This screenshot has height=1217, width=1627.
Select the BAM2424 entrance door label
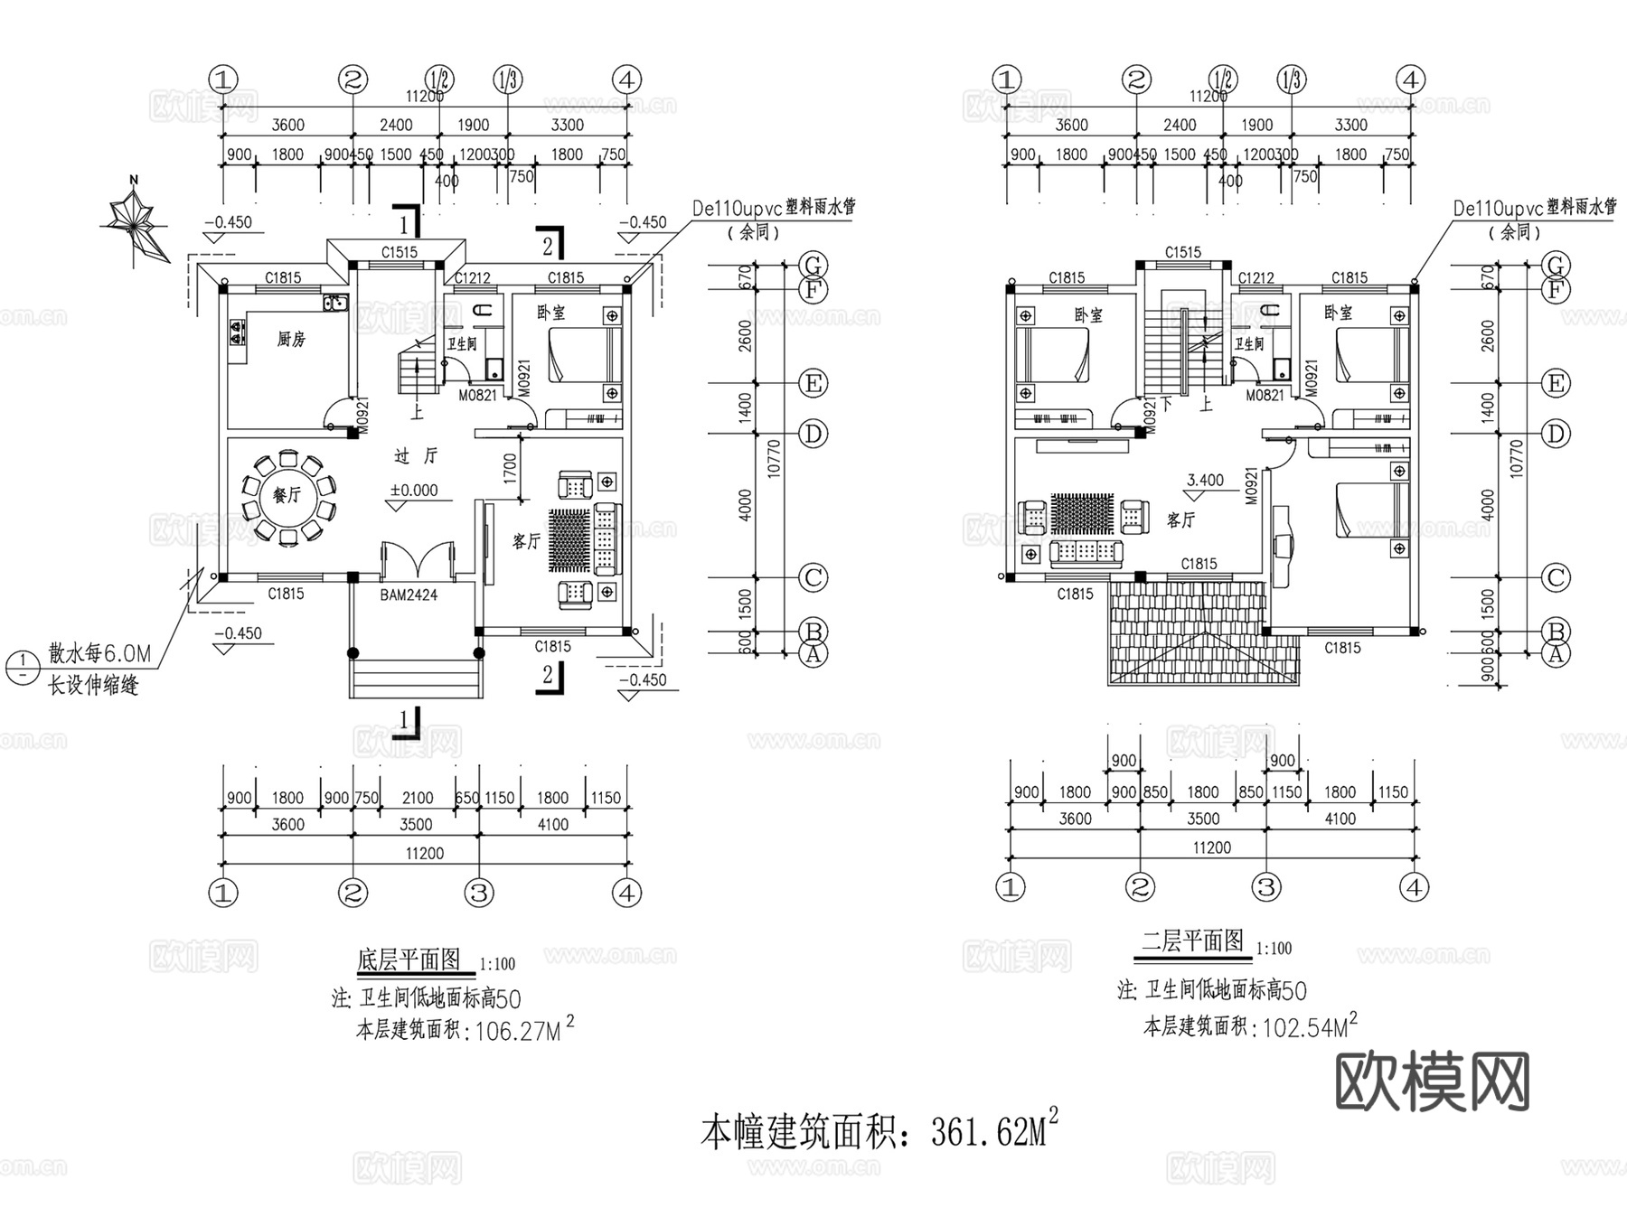tap(409, 594)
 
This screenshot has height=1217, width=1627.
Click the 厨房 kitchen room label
tap(291, 340)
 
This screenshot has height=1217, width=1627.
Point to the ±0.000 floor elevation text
tap(414, 491)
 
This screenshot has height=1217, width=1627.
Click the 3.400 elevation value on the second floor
tap(1205, 481)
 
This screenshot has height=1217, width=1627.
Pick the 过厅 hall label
tap(416, 456)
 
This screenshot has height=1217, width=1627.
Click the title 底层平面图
tap(409, 960)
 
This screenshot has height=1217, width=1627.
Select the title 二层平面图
tap(1192, 941)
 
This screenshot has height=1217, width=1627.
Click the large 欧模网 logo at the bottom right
tap(1432, 1081)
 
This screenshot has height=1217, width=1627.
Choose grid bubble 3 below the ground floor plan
tap(479, 893)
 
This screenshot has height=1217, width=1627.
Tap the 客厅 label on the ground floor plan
tap(526, 541)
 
